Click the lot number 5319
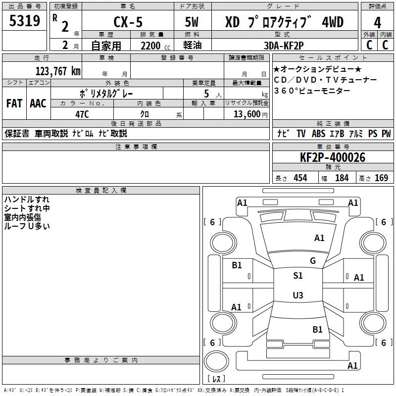pos(24,21)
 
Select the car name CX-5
pos(128,22)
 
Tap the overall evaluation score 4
pos(377,23)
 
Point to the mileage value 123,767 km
pos(58,71)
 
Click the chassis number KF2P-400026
pos(333,157)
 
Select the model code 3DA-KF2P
pos(284,46)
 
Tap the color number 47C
pos(82,114)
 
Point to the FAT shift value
pos(14,103)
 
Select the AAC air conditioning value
pos(38,103)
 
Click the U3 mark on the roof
pos(298,295)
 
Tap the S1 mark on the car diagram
pos(298,275)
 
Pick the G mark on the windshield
pos(313,260)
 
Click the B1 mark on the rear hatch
pos(317,329)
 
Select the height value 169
pos(381,178)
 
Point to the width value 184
pos(342,178)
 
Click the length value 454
pos(300,178)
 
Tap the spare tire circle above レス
pos(216,361)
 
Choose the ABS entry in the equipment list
pos(318,134)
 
